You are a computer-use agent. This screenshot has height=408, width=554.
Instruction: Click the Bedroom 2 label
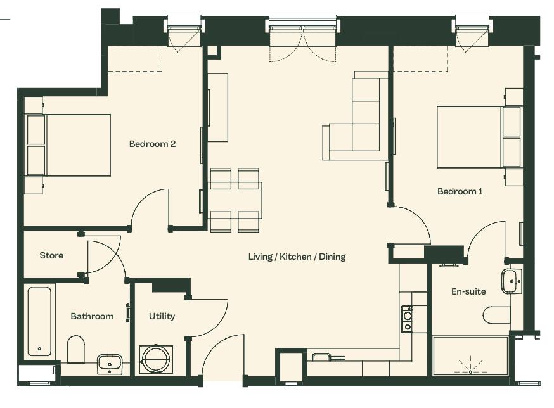point(152,144)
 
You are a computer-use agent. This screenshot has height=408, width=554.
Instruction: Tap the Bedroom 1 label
point(460,191)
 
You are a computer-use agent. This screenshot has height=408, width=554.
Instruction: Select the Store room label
point(51,255)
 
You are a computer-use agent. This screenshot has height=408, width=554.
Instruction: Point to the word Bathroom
point(92,316)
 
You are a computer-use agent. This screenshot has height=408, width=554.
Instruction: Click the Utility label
point(162,316)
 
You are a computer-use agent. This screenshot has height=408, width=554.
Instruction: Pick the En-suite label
point(468,291)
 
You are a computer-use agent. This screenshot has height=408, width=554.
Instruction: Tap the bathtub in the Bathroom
point(39,321)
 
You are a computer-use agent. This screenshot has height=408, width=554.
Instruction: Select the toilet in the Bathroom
point(75,349)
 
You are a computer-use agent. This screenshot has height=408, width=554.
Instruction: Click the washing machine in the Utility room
point(156,359)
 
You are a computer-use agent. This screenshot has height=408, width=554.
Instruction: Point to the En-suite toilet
point(496,315)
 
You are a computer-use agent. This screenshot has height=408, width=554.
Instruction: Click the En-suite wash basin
point(512,281)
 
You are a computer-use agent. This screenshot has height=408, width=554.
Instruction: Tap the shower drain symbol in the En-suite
point(470,367)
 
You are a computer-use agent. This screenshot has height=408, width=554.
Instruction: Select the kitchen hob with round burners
point(408,319)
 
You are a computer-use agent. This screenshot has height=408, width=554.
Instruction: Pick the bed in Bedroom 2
point(68,145)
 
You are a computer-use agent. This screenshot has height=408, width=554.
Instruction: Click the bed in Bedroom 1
point(479,137)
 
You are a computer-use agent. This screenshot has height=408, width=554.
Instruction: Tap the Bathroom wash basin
point(110,364)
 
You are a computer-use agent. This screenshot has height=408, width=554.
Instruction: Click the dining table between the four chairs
point(235,200)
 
